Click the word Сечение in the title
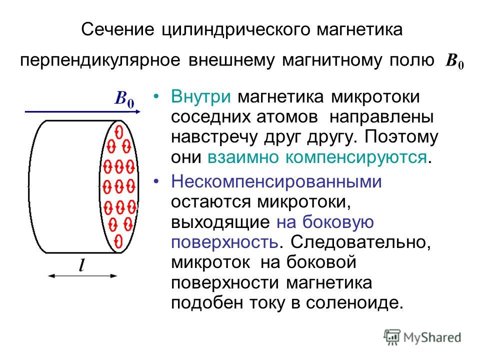tap(118, 29)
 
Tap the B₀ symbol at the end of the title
tap(455, 60)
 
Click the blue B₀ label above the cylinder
tap(124, 99)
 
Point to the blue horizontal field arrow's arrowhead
tap(138, 111)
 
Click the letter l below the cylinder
tap(81, 265)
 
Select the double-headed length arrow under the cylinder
tap(82, 276)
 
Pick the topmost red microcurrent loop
tap(119, 132)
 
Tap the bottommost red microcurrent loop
tap(118, 241)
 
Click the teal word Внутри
tap(201, 96)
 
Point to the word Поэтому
tap(401, 137)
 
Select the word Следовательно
tap(360, 242)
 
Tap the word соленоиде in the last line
tap(351, 302)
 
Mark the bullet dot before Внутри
tap(156, 96)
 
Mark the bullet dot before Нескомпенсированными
tap(156, 181)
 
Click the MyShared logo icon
tap(392, 337)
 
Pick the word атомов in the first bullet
tap(287, 117)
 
